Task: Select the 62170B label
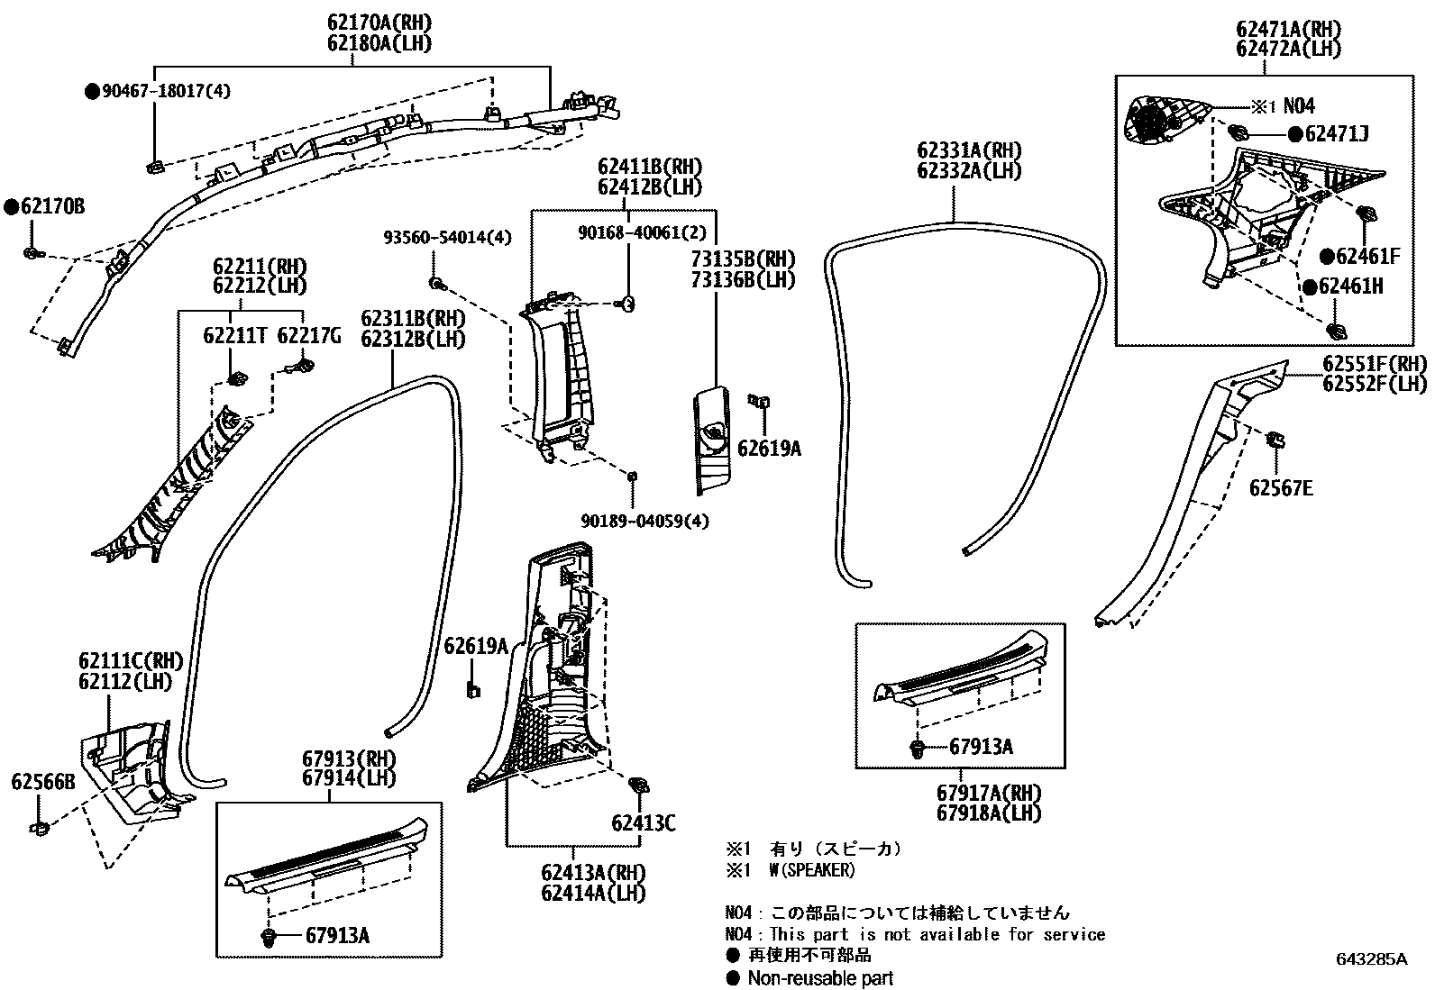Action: (x=52, y=207)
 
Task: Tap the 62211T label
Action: (x=235, y=336)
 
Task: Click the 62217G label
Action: (x=309, y=336)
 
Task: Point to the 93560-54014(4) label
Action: (x=447, y=238)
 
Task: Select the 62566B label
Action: (x=43, y=782)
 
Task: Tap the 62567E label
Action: (x=1281, y=488)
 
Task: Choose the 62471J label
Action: (x=1336, y=134)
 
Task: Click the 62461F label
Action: (x=1367, y=257)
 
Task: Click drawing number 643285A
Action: (x=1371, y=958)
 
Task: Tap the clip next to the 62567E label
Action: (x=1276, y=441)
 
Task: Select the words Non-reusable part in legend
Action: (x=820, y=978)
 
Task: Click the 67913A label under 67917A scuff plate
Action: (x=981, y=746)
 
